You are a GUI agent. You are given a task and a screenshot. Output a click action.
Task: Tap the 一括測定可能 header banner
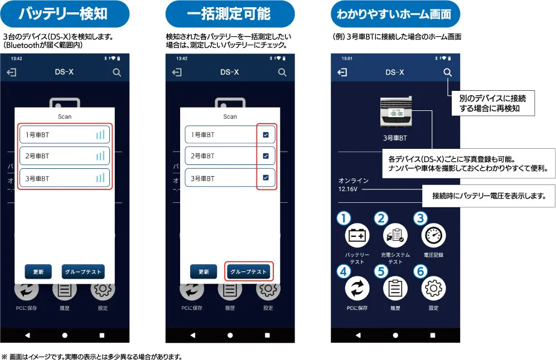(230, 14)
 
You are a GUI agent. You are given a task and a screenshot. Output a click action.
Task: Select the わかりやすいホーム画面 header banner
(395, 14)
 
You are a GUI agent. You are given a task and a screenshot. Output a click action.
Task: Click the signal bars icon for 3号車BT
(100, 178)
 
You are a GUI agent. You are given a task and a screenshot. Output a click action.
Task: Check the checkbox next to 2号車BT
(265, 156)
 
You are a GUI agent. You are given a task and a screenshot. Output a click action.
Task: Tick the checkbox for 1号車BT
(265, 134)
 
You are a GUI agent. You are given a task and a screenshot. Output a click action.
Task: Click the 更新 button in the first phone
(38, 272)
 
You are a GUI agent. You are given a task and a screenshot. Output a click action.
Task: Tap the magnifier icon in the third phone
(447, 72)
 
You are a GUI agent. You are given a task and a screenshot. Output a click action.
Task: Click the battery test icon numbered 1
(357, 236)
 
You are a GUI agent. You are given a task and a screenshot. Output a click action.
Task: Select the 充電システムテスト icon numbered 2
(395, 236)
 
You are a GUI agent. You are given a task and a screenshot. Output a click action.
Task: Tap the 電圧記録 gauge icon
(433, 236)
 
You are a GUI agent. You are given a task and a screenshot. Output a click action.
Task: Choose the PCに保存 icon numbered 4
(357, 289)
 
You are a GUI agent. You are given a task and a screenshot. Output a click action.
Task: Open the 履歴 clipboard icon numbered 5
(395, 289)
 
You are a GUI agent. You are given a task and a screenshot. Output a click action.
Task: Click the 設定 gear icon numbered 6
(433, 289)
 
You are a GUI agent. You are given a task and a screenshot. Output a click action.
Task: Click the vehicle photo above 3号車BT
(395, 112)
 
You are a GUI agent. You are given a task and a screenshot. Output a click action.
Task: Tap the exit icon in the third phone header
(343, 72)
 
